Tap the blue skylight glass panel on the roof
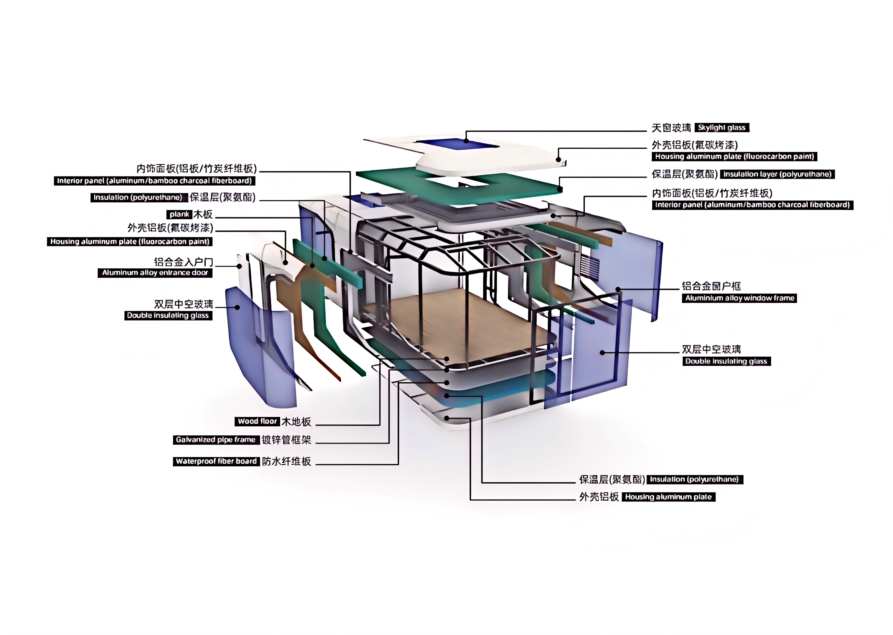[x=458, y=144]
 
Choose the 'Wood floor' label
[x=257, y=421]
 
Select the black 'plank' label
[x=179, y=214]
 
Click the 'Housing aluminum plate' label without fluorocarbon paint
[x=668, y=497]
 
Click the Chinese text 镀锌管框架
[x=286, y=440]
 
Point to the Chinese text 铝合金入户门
[x=184, y=262]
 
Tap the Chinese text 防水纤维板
[x=286, y=461]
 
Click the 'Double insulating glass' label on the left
[x=168, y=316]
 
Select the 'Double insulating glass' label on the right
[x=726, y=361]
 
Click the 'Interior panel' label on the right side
[x=752, y=205]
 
